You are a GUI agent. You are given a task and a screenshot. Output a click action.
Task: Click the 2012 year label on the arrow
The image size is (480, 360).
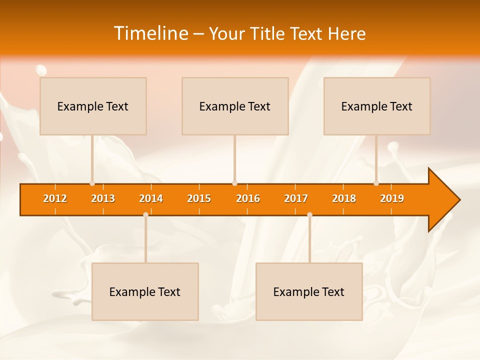(55, 198)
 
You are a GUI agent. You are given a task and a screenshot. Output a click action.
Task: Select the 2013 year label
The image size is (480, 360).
(103, 198)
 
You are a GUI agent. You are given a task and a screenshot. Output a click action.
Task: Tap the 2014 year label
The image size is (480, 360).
(151, 198)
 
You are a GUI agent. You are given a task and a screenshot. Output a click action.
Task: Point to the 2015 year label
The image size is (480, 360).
(199, 198)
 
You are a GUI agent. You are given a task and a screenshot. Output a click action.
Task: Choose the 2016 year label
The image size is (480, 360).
(248, 198)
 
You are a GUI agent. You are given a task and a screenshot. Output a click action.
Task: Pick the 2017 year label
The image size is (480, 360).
(296, 198)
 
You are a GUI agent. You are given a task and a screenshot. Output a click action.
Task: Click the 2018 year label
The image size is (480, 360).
(344, 198)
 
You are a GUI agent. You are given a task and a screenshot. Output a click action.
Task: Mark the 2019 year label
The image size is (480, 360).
(392, 198)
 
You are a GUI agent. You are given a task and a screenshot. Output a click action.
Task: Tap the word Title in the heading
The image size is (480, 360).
(269, 33)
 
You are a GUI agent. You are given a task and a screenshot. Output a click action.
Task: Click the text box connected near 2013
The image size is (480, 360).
(93, 106)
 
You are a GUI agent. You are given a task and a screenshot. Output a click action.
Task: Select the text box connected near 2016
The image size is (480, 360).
(235, 106)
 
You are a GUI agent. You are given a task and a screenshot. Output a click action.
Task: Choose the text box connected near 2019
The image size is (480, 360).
(377, 106)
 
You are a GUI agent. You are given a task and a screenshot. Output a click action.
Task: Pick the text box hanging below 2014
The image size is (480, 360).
(145, 291)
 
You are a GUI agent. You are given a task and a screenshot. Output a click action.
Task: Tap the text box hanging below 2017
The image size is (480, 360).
(309, 291)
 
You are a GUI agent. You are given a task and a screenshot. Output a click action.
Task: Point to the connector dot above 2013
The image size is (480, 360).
(92, 183)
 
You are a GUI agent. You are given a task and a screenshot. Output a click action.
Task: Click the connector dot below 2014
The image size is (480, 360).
(145, 215)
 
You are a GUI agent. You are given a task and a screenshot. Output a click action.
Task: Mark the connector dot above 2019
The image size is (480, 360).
(376, 183)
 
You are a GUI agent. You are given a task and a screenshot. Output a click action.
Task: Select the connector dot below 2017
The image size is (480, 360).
(309, 215)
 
